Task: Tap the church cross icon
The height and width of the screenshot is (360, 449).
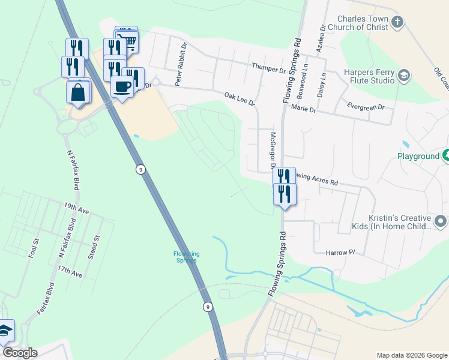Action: [397, 23]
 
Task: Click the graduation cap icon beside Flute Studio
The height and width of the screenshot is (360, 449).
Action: [404, 76]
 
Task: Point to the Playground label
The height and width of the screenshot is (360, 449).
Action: [418, 156]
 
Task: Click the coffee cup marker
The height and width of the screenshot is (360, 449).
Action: [122, 86]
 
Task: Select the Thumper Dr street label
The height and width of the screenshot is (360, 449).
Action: [269, 68]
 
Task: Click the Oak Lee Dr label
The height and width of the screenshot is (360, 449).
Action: [240, 99]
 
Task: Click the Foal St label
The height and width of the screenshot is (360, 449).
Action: [34, 248]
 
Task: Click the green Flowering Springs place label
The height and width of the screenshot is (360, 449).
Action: [186, 257]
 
